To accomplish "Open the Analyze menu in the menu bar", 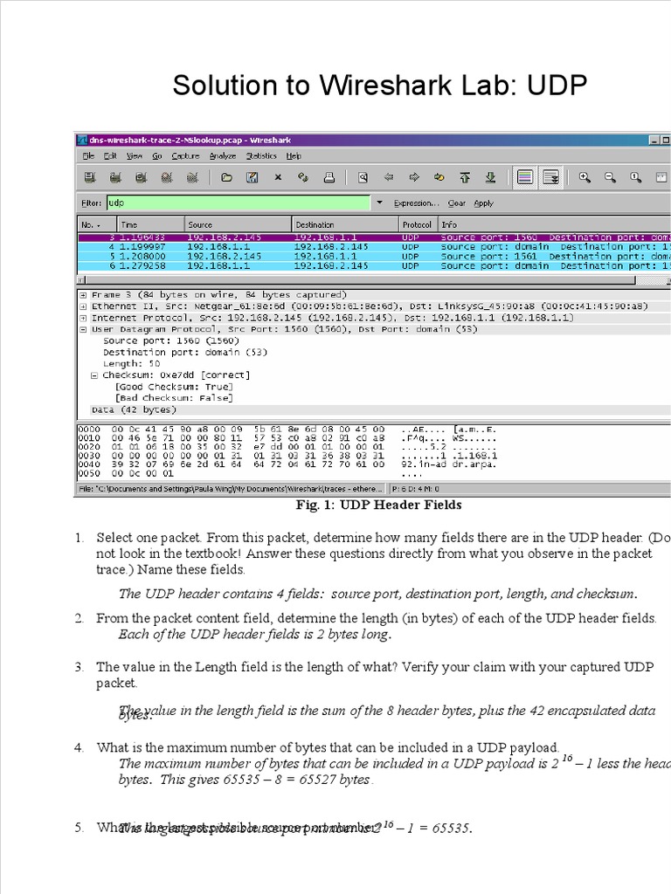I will (222, 156).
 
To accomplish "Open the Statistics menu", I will (260, 156).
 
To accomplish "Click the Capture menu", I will (185, 156).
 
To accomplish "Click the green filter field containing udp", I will (238, 203).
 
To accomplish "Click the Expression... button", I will (416, 203).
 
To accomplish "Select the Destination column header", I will (315, 224).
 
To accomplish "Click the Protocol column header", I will (417, 224).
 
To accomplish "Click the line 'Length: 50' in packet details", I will (132, 363).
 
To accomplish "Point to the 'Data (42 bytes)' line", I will (134, 409).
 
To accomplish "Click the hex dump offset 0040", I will (89, 464).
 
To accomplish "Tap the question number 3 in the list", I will (79, 666).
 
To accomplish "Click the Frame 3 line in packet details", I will (218, 294).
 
